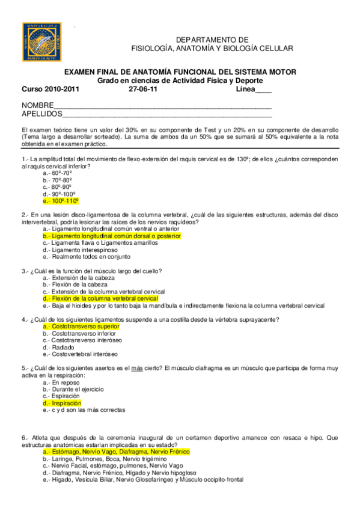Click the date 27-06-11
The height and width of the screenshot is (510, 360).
coord(144,89)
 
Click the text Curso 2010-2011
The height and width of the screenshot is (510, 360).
coord(50,89)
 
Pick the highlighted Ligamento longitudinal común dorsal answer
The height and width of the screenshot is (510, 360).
coord(112,236)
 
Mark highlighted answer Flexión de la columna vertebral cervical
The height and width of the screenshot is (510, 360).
coord(100,298)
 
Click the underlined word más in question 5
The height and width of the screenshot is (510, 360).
coord(136,368)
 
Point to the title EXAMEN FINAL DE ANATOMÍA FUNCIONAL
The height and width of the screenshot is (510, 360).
coord(180,72)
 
